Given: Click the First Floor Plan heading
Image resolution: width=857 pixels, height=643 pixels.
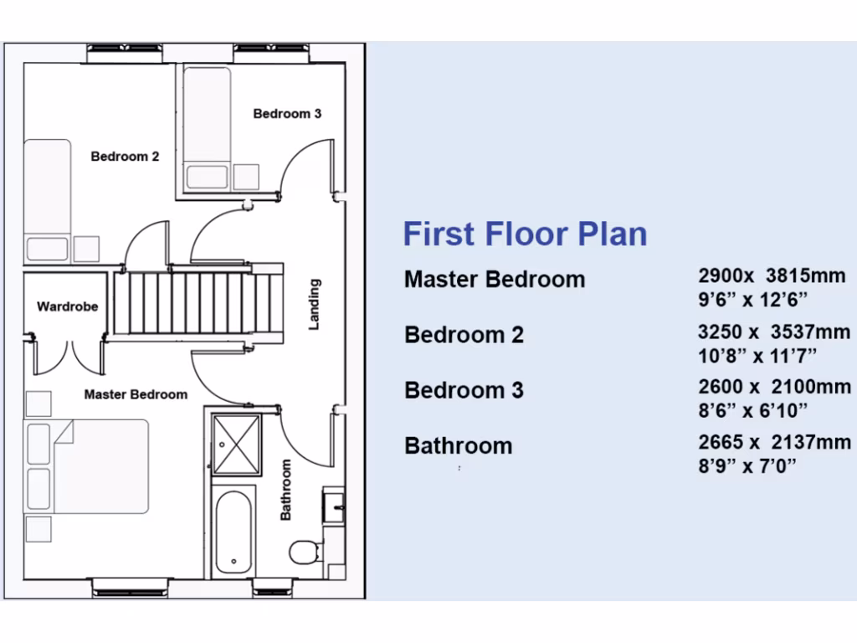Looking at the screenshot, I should (525, 234).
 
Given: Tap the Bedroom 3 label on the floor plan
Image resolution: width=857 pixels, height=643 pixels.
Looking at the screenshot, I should (287, 114).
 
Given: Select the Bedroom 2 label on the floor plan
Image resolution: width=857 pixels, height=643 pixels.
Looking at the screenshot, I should (125, 157).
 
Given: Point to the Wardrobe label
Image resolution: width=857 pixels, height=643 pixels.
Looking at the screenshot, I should (67, 307).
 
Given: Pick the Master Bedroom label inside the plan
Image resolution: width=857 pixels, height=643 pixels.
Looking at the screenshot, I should (136, 394).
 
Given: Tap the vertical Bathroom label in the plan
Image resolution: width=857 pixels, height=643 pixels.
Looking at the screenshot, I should (286, 490).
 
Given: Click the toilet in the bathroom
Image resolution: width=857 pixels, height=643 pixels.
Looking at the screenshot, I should (303, 552).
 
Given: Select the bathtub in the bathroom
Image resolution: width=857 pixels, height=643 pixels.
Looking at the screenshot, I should (232, 532).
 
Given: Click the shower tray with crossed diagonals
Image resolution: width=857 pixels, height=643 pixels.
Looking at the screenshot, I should (237, 444).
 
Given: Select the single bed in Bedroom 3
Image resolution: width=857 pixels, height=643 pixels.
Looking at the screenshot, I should (207, 128).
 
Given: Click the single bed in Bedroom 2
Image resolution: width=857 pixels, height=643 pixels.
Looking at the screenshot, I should (47, 200).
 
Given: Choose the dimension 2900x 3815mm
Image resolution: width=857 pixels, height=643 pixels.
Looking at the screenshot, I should (772, 275).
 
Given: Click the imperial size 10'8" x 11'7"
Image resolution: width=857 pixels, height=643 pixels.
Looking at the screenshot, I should (757, 356).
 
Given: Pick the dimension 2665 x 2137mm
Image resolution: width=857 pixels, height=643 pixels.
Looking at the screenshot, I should (774, 443).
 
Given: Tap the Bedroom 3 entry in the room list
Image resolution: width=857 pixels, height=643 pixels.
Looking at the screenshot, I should (464, 390).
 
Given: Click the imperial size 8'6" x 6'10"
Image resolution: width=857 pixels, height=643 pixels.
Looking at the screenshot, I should (752, 410).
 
